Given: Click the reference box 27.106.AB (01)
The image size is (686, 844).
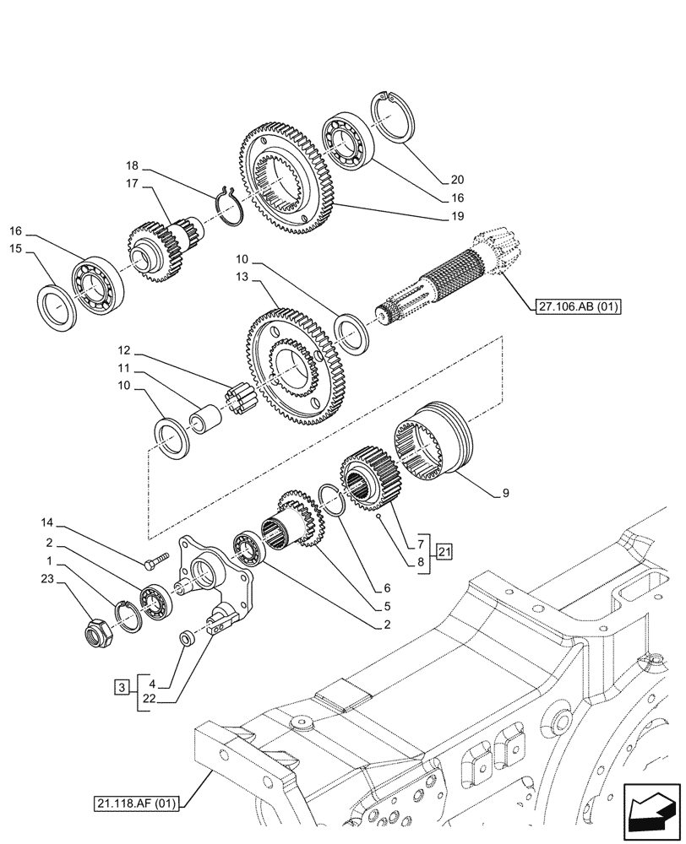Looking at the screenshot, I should point(577,308).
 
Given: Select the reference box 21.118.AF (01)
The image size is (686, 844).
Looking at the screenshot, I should point(135,803).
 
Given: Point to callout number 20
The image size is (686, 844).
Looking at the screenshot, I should point(457,179).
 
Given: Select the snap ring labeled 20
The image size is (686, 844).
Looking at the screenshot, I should point(393,114).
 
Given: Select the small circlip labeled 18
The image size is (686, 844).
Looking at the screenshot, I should point(230,205).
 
